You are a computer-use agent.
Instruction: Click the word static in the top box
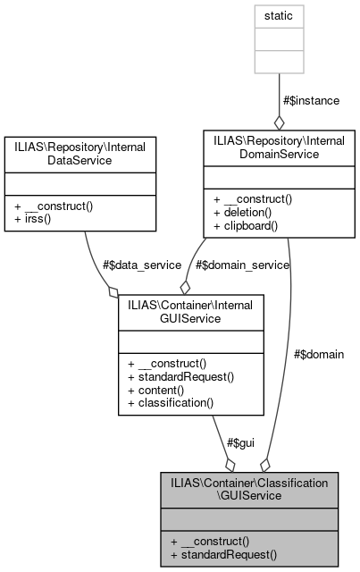(x=280, y=16)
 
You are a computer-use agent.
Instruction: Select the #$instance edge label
(x=312, y=100)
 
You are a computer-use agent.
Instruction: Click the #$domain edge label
(x=318, y=354)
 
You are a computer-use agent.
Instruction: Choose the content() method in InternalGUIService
(x=157, y=390)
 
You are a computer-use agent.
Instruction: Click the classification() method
(x=171, y=403)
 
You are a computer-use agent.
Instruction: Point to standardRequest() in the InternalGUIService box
(x=180, y=376)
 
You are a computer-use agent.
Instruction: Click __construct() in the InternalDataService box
(x=54, y=206)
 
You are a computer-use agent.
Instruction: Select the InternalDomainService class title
(x=279, y=147)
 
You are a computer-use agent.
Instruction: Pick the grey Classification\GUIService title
(x=250, y=489)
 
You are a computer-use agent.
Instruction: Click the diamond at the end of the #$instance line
(x=280, y=122)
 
